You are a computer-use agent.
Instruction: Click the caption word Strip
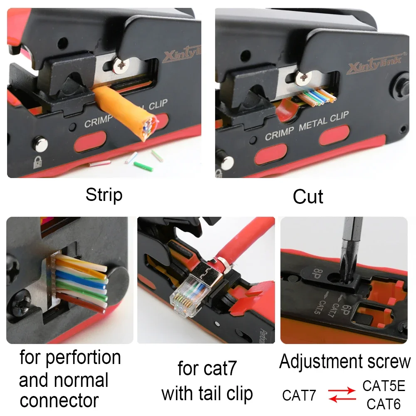tap(104, 195)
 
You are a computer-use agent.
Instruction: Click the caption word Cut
tap(308, 196)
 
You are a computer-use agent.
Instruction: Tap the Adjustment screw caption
tap(344, 362)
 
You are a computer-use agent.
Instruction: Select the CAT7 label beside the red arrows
tap(299, 395)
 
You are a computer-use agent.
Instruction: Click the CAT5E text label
tap(384, 386)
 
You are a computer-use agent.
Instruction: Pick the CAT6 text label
tap(384, 404)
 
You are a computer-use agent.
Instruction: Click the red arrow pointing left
tap(342, 399)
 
